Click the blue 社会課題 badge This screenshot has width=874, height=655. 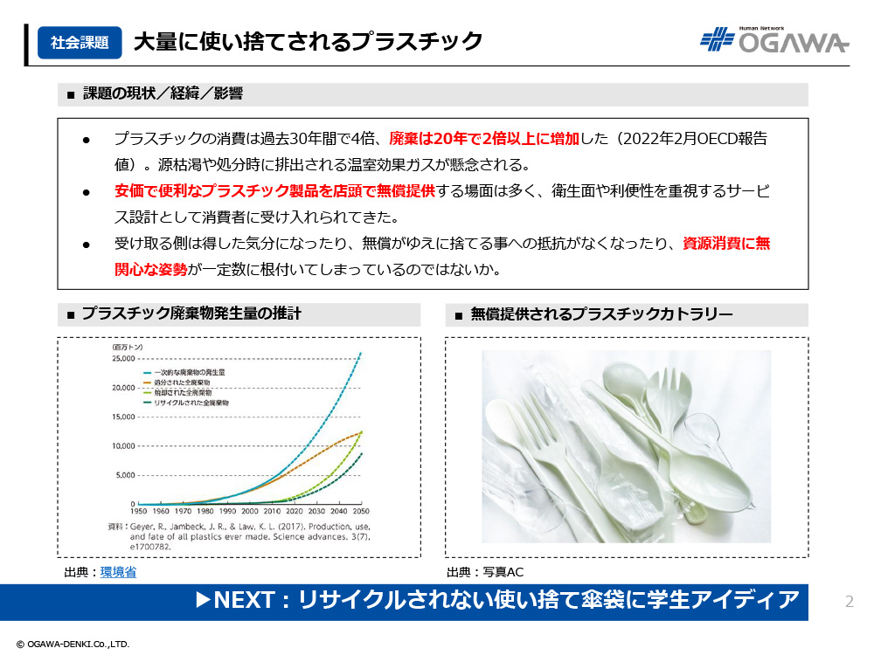point(80,42)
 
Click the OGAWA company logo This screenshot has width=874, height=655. point(774,39)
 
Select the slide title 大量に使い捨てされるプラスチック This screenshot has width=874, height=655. point(308,42)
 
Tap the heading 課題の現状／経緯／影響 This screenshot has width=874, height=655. point(163,93)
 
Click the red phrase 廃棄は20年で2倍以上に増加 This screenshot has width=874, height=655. point(484,138)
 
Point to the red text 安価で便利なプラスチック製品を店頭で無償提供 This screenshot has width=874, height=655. point(274,191)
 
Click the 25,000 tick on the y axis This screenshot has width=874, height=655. point(123,358)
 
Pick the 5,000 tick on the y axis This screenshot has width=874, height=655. point(125,475)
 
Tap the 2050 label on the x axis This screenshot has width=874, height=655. point(361,511)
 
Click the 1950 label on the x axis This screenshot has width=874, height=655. point(138,511)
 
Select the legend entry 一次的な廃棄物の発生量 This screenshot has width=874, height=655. point(190,372)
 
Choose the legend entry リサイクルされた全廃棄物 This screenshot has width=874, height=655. point(191,403)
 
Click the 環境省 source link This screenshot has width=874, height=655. point(118,572)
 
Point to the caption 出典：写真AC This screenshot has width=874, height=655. point(485,572)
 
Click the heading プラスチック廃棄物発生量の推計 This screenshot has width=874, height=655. point(191,314)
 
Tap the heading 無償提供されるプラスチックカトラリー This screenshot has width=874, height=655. point(602,314)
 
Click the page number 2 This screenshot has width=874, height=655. point(850,602)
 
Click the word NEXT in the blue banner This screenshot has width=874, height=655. point(244,600)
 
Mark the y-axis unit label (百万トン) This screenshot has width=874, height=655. point(128,347)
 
